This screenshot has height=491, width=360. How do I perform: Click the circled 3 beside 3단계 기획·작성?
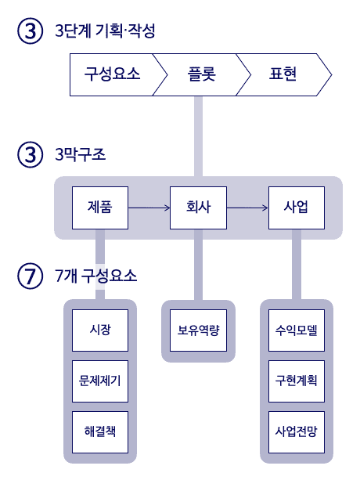click(30, 31)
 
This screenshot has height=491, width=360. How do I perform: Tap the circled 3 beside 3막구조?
click(30, 154)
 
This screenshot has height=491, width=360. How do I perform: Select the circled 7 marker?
click(30, 276)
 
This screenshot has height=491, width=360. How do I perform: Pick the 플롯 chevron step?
click(202, 74)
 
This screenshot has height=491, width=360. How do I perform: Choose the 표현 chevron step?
click(283, 74)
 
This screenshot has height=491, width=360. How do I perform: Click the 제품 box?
click(100, 208)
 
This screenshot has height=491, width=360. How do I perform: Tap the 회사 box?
click(198, 208)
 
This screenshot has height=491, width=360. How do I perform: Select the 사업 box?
click(297, 208)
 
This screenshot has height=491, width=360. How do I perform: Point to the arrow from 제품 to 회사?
click(149, 208)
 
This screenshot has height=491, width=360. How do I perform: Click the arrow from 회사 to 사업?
click(247, 208)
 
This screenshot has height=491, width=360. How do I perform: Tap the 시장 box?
click(100, 330)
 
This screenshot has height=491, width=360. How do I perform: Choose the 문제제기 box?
click(100, 381)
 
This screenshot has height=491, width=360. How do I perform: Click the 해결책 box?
click(100, 432)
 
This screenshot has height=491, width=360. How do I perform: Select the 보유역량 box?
click(198, 330)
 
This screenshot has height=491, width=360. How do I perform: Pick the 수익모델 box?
click(297, 330)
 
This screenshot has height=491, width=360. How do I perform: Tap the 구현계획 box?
click(297, 381)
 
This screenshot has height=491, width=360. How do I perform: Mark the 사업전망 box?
click(297, 432)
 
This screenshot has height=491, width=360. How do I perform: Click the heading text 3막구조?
click(81, 154)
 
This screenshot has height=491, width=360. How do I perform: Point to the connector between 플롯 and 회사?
click(198, 136)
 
